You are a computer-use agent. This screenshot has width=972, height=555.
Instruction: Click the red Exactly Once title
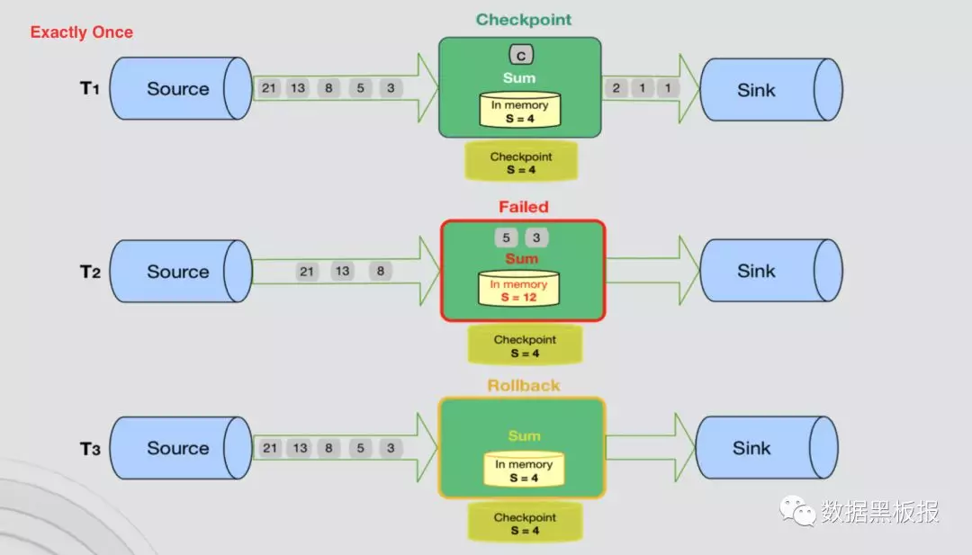click(x=81, y=32)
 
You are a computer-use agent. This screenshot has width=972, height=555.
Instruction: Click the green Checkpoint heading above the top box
click(x=523, y=20)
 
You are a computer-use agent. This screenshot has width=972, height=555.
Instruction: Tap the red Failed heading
click(x=523, y=207)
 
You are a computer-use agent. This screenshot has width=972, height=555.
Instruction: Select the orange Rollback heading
click(x=523, y=386)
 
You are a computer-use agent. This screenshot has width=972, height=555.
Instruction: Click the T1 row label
click(x=91, y=88)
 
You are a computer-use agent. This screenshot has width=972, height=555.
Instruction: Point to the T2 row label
click(x=90, y=272)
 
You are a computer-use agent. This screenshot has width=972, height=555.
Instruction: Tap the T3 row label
click(x=90, y=449)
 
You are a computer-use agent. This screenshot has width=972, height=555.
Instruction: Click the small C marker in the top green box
click(x=520, y=56)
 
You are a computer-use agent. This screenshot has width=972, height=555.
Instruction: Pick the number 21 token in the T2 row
click(x=307, y=272)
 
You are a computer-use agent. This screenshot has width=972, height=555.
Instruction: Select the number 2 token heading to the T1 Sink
click(x=616, y=88)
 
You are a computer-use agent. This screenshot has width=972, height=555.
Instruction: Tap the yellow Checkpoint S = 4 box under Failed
click(x=524, y=345)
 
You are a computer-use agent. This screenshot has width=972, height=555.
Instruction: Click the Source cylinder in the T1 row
click(x=180, y=89)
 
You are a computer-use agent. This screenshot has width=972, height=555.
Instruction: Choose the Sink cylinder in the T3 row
click(x=765, y=448)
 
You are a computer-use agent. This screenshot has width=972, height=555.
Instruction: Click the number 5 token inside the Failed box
click(x=507, y=238)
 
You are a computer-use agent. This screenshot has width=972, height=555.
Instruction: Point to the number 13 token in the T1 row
click(x=300, y=88)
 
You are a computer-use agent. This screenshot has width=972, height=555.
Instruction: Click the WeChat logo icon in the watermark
click(x=796, y=513)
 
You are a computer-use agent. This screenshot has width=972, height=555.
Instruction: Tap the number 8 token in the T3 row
click(x=329, y=448)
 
